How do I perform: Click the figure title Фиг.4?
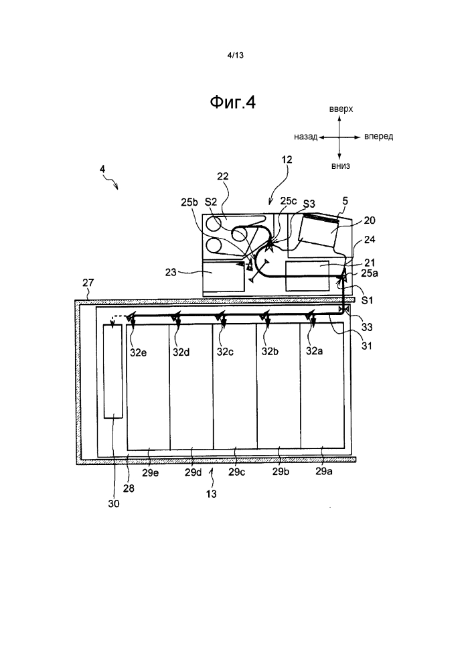232,102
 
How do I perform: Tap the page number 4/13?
236,55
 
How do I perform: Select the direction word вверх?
341,109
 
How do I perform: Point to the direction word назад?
306,137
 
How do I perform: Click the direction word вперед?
379,137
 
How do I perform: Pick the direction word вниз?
341,165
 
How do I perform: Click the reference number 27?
88,283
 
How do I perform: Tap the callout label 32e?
139,352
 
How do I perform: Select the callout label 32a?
314,351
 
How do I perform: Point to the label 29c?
236,472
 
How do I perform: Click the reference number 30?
114,504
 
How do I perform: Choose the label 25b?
189,202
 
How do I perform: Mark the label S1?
367,300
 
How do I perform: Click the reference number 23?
171,272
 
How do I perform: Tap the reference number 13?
212,494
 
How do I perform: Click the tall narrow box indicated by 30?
113,371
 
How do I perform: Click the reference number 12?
287,159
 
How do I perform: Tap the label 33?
367,328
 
